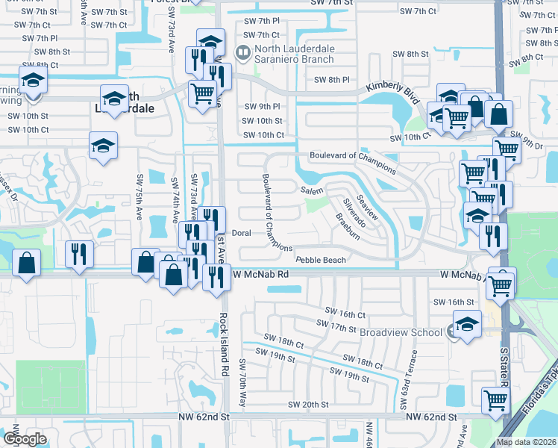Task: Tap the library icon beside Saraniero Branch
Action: pos(242,53)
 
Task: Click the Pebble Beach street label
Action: pos(321,260)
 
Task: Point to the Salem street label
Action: pos(312,190)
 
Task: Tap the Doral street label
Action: pos(241,233)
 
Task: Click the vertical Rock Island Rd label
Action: pos(222,343)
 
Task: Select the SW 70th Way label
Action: pos(242,384)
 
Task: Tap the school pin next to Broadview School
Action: pos(467,325)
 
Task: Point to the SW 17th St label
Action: pos(337,325)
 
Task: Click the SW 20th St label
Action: pos(308,405)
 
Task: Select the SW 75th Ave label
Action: pos(139,199)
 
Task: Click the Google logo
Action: pos(25,438)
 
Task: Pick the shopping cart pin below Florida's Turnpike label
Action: pos(495,399)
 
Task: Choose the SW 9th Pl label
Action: pos(261,106)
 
